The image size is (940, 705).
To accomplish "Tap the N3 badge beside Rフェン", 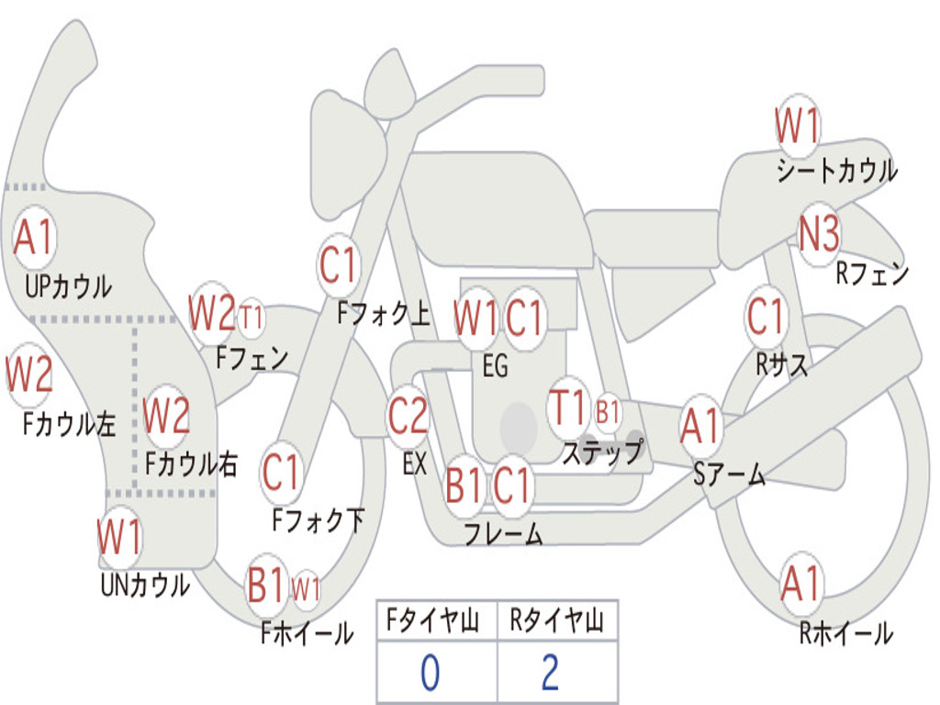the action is pyautogui.click(x=819, y=235).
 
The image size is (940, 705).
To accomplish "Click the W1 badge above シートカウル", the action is pyautogui.click(x=797, y=126).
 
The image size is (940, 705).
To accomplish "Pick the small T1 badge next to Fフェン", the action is pyautogui.click(x=251, y=318).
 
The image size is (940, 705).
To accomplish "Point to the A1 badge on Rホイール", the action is pyautogui.click(x=800, y=585).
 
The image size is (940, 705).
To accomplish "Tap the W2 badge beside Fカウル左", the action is pyautogui.click(x=28, y=375).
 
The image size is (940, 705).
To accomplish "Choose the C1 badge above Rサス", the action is pyautogui.click(x=766, y=317).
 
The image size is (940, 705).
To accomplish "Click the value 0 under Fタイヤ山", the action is pyautogui.click(x=429, y=673).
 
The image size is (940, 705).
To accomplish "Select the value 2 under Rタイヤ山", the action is pyautogui.click(x=550, y=673).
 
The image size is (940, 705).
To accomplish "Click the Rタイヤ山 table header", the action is pyautogui.click(x=556, y=622).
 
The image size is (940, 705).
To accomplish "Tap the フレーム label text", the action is pyautogui.click(x=503, y=532).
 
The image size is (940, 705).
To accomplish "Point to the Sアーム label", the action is pyautogui.click(x=730, y=474).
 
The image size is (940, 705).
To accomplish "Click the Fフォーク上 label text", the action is pyautogui.click(x=384, y=315).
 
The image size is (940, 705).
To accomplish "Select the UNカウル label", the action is pyautogui.click(x=145, y=584).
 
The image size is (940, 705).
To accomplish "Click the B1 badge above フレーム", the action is pyautogui.click(x=464, y=485).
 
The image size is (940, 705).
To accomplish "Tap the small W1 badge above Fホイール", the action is pyautogui.click(x=306, y=588).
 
